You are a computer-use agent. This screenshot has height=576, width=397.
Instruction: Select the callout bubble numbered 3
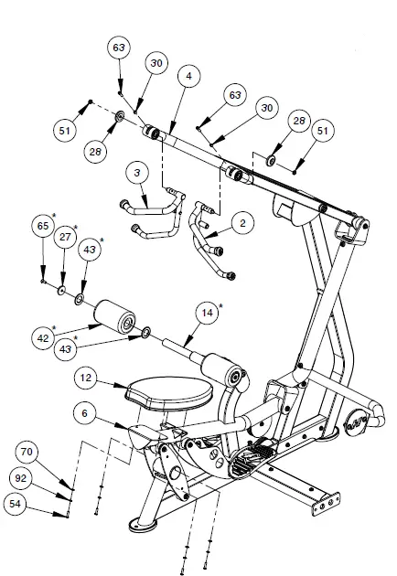pos(136,172)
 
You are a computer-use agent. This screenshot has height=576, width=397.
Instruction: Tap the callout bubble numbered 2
pos(241,221)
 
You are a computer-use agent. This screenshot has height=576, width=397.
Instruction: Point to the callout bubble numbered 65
pos(42,226)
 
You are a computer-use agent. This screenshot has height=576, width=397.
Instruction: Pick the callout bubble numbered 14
pos(206,314)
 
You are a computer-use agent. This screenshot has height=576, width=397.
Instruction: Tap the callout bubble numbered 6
pos(85,415)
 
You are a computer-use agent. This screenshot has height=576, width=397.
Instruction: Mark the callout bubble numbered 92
pos(26,478)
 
